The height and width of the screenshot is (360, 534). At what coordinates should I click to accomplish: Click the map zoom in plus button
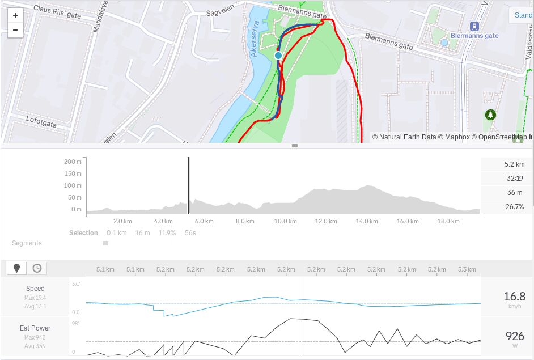(x=15, y=15)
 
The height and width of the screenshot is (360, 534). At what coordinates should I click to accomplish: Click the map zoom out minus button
(x=15, y=30)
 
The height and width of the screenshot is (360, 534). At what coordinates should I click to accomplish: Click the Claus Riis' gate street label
(x=57, y=12)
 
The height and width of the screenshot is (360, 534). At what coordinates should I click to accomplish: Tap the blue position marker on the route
(x=278, y=56)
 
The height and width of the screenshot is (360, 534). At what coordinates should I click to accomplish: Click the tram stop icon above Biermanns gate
(x=474, y=26)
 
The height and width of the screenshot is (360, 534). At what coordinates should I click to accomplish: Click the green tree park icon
(x=490, y=115)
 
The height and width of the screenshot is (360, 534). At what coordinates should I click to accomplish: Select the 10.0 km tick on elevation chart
(x=285, y=221)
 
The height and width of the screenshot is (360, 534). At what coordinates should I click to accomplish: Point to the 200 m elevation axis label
(x=73, y=162)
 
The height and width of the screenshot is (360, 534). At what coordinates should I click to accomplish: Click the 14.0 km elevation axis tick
(x=366, y=221)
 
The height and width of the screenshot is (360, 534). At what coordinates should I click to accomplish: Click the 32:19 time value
(x=515, y=179)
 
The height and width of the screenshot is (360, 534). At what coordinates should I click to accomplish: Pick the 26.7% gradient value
(x=514, y=207)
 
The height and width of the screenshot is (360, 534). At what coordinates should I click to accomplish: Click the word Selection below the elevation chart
(x=83, y=233)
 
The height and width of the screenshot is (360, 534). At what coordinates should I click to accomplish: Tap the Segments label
(x=27, y=243)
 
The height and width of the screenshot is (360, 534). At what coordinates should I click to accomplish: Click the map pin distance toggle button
(x=17, y=268)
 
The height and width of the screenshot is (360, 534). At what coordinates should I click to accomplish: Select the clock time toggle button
(x=37, y=268)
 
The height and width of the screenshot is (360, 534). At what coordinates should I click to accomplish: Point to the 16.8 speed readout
(x=514, y=297)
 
